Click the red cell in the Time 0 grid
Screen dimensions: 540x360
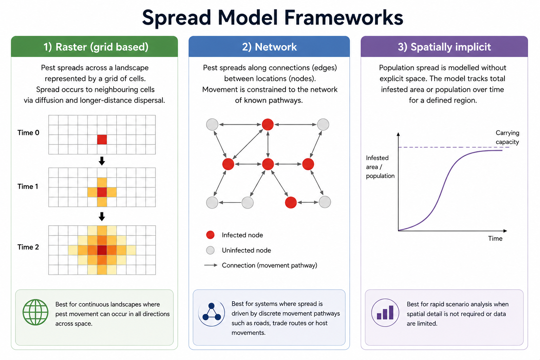(x=102, y=140)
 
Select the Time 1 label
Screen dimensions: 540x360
(x=28, y=186)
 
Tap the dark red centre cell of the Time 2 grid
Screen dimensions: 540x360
(x=102, y=250)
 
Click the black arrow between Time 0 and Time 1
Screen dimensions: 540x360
(x=102, y=161)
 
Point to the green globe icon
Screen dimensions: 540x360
(x=36, y=312)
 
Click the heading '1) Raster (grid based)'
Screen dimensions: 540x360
(x=96, y=47)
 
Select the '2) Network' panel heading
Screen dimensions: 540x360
(x=269, y=47)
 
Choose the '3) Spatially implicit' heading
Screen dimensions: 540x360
(x=444, y=47)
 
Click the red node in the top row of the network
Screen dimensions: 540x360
(x=268, y=124)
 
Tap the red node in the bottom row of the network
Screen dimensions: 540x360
(x=291, y=202)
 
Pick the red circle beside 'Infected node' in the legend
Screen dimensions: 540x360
(x=211, y=235)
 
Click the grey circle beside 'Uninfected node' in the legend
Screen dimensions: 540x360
(x=211, y=250)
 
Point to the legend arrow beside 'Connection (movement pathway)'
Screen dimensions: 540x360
(x=211, y=265)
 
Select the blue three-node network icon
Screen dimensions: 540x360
(x=211, y=313)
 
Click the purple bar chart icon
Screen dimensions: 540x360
(x=385, y=313)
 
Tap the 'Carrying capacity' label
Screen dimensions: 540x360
(x=507, y=137)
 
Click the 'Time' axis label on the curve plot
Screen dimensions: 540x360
(x=495, y=238)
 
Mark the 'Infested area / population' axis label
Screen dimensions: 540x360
(x=380, y=167)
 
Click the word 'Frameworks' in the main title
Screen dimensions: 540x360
(x=343, y=18)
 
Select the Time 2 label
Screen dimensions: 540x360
(x=28, y=247)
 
